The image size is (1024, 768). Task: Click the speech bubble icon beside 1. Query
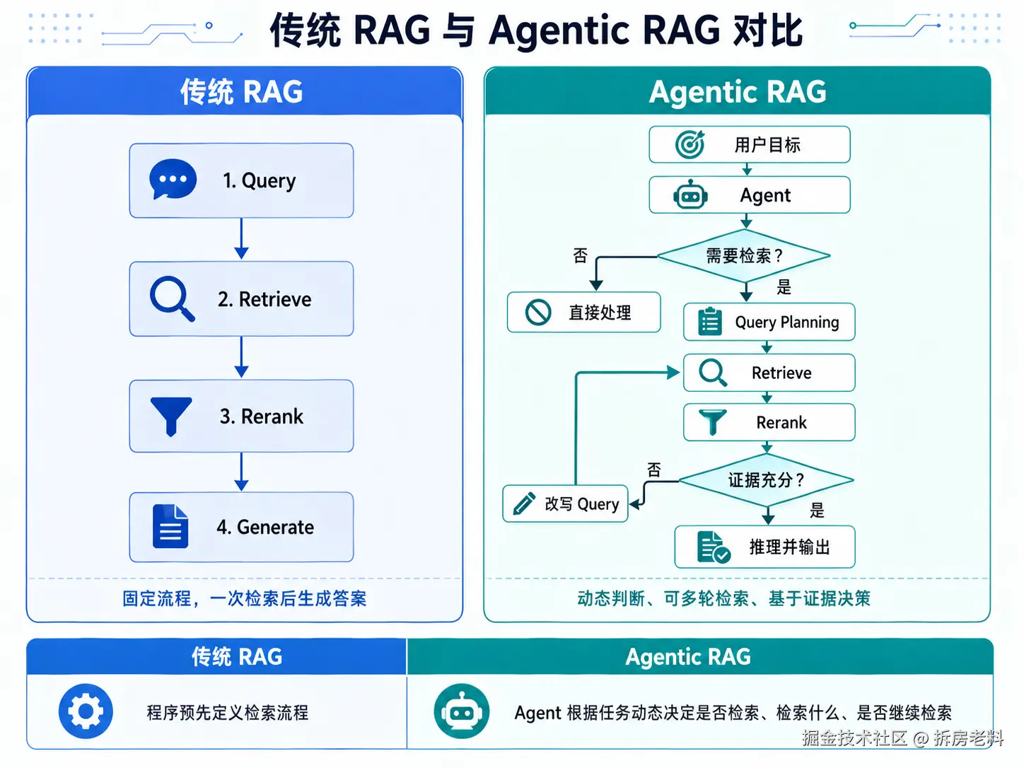173,180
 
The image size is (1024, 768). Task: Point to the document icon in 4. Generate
170,526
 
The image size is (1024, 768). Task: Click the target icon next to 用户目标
690,144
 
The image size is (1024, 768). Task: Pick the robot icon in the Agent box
690,195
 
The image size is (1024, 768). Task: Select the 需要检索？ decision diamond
744,255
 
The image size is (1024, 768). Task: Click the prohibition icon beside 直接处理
538,312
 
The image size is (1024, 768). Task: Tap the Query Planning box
769,322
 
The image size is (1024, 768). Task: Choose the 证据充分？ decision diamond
767,480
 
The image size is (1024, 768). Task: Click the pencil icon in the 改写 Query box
524,504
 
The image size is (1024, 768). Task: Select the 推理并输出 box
764,547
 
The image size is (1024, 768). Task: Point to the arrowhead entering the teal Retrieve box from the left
674,372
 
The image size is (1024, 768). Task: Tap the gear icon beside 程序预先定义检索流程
86,711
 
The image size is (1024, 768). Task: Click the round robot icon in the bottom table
461,711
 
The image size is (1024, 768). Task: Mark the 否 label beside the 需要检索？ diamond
581,255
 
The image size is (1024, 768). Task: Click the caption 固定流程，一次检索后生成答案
245,598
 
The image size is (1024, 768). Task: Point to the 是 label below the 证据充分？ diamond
817,510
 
